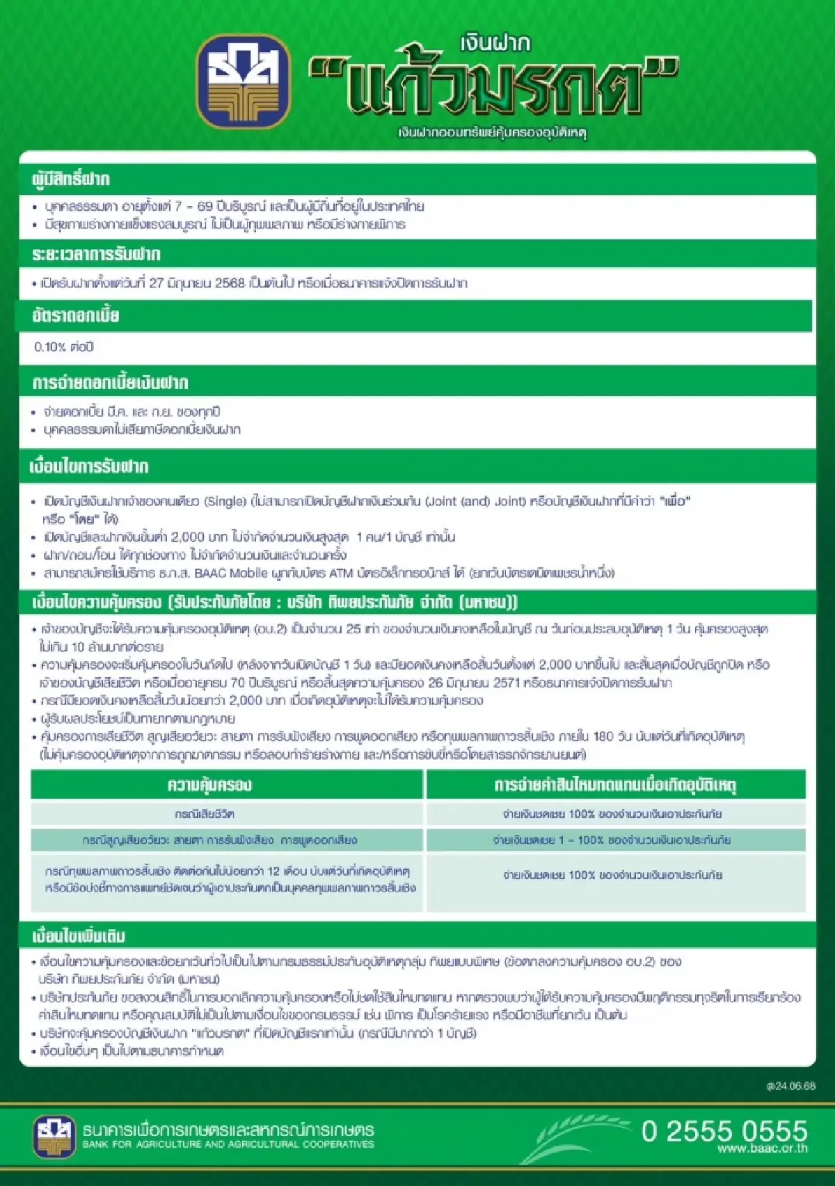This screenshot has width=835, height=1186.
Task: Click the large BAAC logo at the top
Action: click(244, 82)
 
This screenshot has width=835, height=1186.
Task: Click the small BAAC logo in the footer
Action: click(54, 1136)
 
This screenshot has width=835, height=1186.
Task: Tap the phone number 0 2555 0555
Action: click(724, 1130)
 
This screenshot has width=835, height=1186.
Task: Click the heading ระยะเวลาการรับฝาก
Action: click(96, 254)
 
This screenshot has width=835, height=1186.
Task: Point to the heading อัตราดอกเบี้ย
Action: click(75, 316)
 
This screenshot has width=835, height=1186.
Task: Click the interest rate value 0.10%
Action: click(50, 347)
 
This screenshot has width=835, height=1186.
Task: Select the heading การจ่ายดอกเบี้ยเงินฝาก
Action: click(110, 383)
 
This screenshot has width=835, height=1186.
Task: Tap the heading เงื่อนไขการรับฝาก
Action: click(89, 466)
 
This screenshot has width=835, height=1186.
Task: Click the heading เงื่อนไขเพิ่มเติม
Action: click(78, 935)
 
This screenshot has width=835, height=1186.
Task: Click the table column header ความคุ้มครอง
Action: click(209, 785)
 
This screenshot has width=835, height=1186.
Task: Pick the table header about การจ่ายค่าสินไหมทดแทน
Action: click(615, 785)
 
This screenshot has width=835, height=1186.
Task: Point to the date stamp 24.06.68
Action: click(790, 1086)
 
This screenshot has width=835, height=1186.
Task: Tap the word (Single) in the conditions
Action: click(225, 501)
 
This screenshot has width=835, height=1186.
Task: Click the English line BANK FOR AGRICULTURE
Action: click(228, 1144)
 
